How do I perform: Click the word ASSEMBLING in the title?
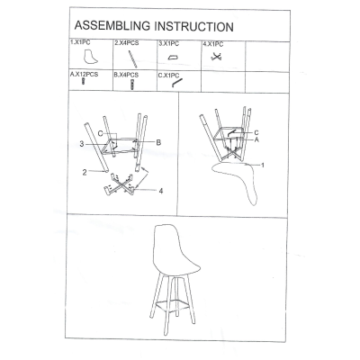pyautogui.click(x=112, y=26)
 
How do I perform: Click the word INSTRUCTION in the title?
pyautogui.click(x=193, y=27)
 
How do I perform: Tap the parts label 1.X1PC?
pyautogui.click(x=80, y=42)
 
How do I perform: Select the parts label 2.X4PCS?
pyautogui.click(x=127, y=43)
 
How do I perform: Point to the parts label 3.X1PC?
pyautogui.click(x=168, y=44)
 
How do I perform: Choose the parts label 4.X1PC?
pyautogui.click(x=213, y=44)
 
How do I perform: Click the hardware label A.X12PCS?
pyautogui.click(x=84, y=74)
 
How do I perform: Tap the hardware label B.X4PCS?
pyautogui.click(x=126, y=75)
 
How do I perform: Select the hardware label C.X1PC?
pyautogui.click(x=168, y=76)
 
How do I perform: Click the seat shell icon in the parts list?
pyautogui.click(x=90, y=57)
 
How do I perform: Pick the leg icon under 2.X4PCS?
pyautogui.click(x=132, y=59)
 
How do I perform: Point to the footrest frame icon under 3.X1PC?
pyautogui.click(x=173, y=58)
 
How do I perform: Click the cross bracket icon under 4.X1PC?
pyautogui.click(x=216, y=57)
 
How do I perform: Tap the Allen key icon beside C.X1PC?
pyautogui.click(x=176, y=83)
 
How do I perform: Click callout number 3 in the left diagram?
pyautogui.click(x=82, y=144)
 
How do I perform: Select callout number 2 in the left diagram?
pyautogui.click(x=85, y=172)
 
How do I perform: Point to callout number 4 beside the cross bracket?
pyautogui.click(x=161, y=191)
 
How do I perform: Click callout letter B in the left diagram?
pyautogui.click(x=158, y=142)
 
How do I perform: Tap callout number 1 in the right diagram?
pyautogui.click(x=263, y=165)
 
